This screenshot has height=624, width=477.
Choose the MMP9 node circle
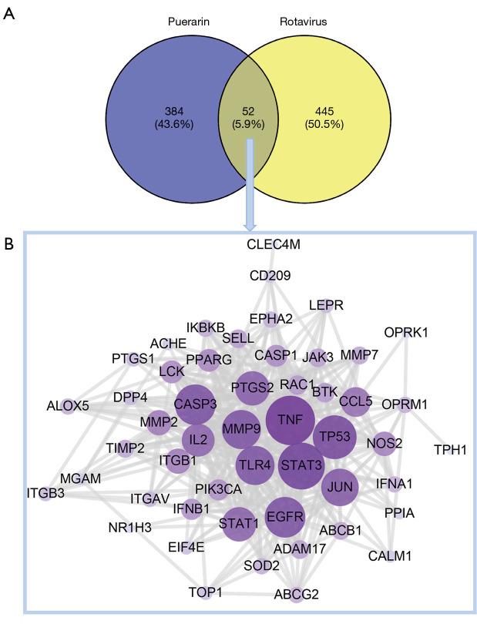243,428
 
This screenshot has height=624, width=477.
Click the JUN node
339,487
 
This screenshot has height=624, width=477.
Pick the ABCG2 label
295,594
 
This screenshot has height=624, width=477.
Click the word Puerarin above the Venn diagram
190,22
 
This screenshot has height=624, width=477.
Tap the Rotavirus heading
303,22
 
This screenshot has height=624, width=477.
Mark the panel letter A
10,14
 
